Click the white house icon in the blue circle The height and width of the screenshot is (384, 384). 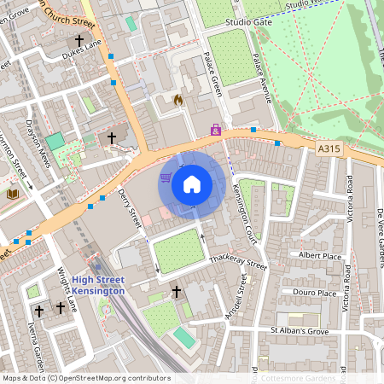pyautogui.click(x=192, y=183)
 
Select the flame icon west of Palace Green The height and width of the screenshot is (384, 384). pyautogui.click(x=177, y=100)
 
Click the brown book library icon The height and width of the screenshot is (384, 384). pyautogui.click(x=13, y=195)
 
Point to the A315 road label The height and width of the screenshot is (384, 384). pyautogui.click(x=329, y=148)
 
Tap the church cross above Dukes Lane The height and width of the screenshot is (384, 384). pyautogui.click(x=80, y=40)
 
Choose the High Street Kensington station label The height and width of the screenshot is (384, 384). pyautogui.click(x=98, y=286)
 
